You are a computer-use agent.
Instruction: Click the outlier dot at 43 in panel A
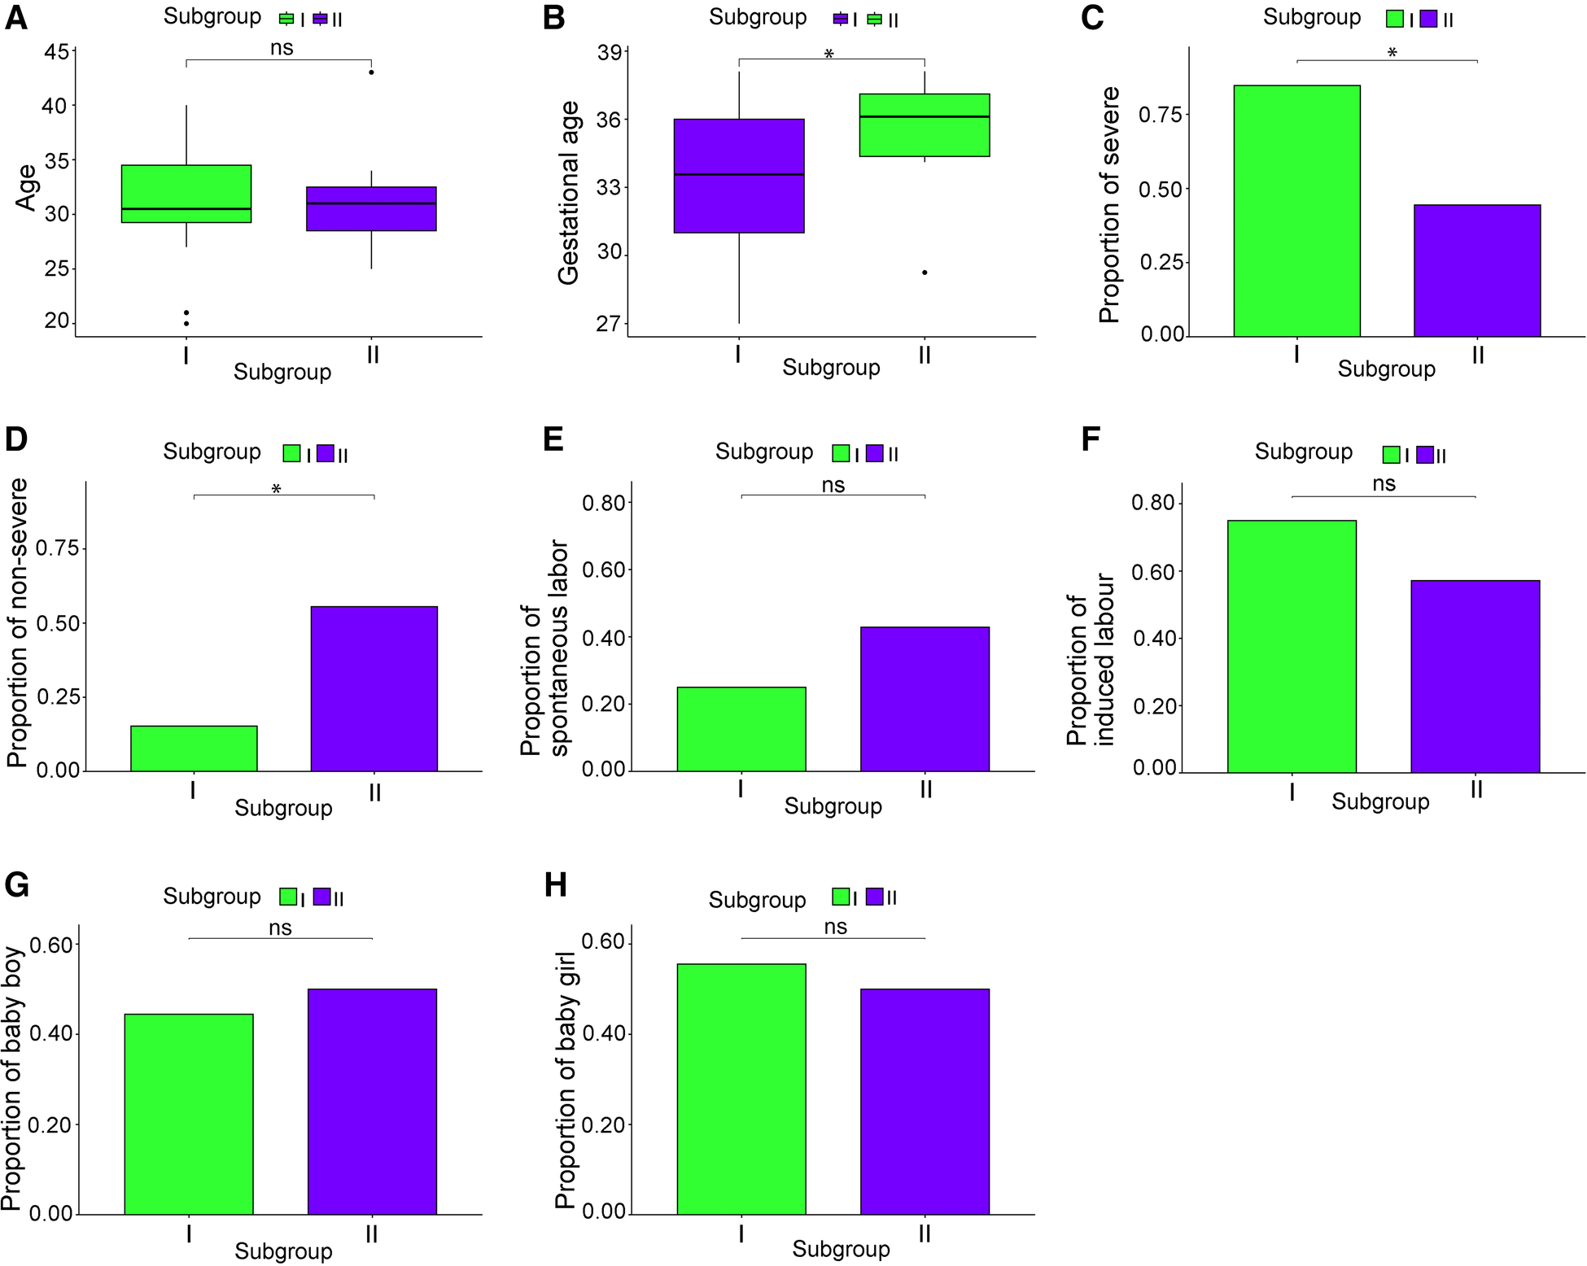point(372,72)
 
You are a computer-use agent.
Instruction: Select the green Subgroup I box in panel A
point(186,194)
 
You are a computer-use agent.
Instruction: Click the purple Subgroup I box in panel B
point(739,176)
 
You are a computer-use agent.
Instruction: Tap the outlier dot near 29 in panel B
point(925,273)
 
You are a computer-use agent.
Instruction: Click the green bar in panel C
point(1296,211)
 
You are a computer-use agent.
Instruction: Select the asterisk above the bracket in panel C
point(1392,54)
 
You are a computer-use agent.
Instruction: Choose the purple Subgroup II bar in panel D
point(374,688)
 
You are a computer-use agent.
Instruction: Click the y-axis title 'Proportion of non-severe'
point(18,623)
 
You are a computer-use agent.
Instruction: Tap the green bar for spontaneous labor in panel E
point(741,729)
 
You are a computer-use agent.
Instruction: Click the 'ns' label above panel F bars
point(1384,484)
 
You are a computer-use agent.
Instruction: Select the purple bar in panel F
point(1475,676)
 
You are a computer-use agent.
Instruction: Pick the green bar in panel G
point(189,1114)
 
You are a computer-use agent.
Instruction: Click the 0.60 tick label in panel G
point(50,945)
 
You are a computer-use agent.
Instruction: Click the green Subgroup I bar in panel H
point(741,1089)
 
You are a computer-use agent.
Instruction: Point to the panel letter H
point(555,884)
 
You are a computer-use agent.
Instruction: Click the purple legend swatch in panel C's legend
point(1428,20)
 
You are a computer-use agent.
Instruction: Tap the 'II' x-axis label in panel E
point(925,789)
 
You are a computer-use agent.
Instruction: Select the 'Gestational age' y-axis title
point(568,193)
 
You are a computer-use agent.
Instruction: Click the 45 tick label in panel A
point(56,53)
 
